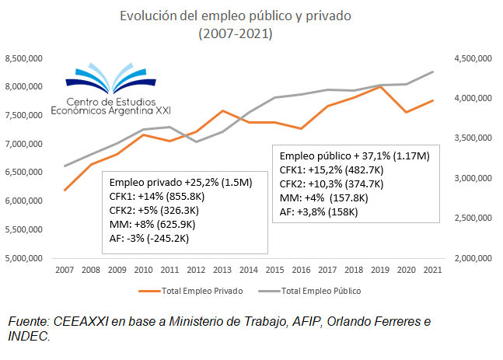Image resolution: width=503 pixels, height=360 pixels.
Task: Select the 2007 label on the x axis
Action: pos(65,269)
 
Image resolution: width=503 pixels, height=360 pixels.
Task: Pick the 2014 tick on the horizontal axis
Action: pos(250,269)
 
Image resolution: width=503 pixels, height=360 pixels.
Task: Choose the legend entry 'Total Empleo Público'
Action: pos(322,291)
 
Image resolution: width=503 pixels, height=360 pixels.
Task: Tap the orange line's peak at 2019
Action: pos(380,86)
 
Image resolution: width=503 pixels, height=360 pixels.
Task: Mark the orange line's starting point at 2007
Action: pos(65,190)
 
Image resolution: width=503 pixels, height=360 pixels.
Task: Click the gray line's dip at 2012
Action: pos(196,142)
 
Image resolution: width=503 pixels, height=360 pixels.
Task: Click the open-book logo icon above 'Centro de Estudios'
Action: pos(115,78)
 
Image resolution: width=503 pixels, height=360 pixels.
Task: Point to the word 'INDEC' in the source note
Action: pos(29,336)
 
